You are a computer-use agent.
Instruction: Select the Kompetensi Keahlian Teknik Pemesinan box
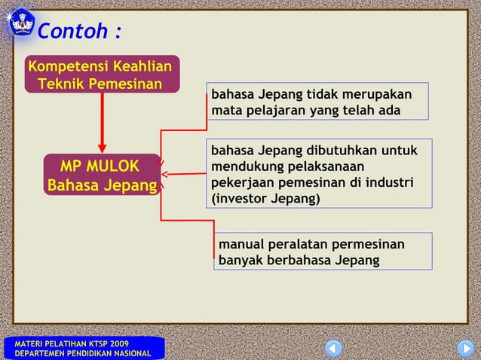[x=100, y=75]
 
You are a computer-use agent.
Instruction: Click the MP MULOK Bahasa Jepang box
[x=102, y=175]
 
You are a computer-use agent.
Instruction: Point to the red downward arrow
[x=102, y=124]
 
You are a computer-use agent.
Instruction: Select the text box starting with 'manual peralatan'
[x=323, y=252]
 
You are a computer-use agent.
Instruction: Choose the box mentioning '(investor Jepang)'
[x=319, y=174]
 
